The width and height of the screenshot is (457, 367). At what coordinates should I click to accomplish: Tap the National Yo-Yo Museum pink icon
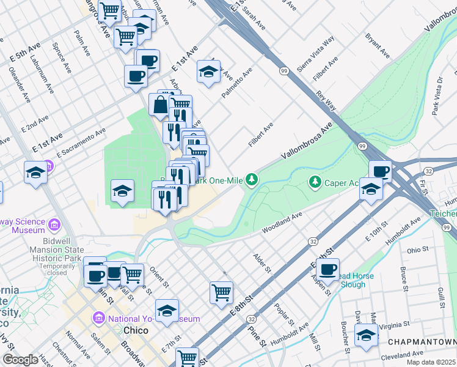(99, 319)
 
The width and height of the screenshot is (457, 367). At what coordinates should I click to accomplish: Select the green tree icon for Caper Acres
(315, 182)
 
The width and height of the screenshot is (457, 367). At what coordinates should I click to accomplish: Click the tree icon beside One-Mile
(250, 179)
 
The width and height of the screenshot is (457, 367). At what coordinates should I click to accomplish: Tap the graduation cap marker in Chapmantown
(366, 335)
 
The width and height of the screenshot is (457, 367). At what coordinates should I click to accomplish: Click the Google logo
(20, 360)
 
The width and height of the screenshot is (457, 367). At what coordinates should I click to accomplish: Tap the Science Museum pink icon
(54, 226)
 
